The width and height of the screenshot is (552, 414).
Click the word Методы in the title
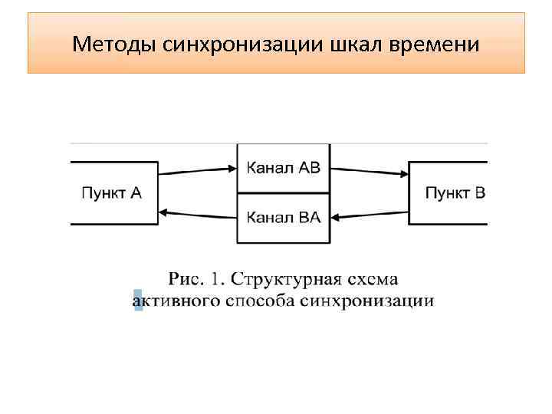pyautogui.click(x=115, y=44)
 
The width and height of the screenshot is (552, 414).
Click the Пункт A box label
pyautogui.click(x=112, y=192)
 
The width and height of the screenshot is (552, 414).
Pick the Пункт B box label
pyautogui.click(x=455, y=192)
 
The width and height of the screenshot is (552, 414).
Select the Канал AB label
pyautogui.click(x=284, y=168)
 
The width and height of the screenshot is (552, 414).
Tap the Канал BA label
pyautogui.click(x=284, y=217)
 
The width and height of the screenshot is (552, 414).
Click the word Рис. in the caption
pyautogui.click(x=186, y=278)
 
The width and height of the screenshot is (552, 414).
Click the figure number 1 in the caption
pyautogui.click(x=217, y=278)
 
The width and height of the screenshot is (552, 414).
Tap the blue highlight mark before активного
pyautogui.click(x=138, y=300)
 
